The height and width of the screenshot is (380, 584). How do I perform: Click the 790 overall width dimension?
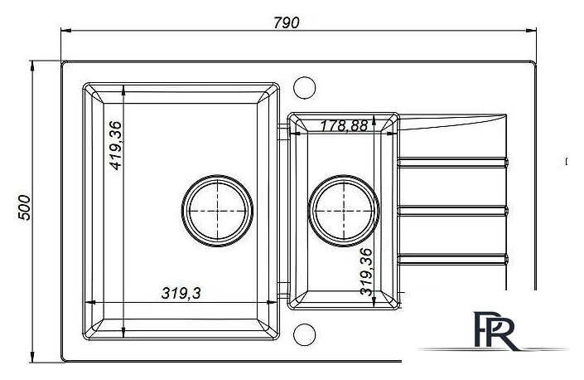[x=286, y=22]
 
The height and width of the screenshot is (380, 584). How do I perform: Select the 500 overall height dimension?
[x=25, y=207]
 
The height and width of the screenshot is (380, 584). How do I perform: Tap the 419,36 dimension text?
[x=116, y=145]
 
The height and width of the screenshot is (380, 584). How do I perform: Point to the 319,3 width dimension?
[x=181, y=293]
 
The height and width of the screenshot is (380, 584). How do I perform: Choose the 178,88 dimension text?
[x=344, y=125]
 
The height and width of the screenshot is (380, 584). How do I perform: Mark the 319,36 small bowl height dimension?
[x=366, y=272]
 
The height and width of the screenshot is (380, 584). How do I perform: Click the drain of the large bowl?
[x=218, y=211]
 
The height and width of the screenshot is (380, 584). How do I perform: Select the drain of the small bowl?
[x=344, y=211]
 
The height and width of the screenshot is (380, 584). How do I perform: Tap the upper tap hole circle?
[x=305, y=88]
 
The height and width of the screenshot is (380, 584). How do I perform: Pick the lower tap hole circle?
[x=305, y=334]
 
